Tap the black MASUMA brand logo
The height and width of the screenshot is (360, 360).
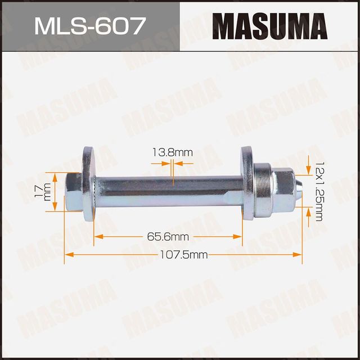pos(269,26)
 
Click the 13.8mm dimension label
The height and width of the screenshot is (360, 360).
pos(172,152)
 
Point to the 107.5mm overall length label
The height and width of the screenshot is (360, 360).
pos(184,255)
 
